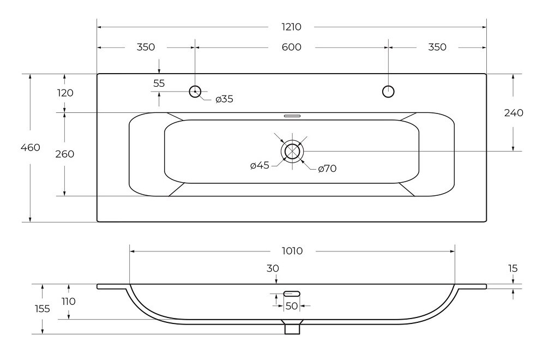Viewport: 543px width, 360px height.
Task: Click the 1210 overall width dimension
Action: (x=291, y=27)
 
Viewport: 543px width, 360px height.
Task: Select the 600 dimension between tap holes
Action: (x=291, y=47)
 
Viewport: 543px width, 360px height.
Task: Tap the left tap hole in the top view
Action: (x=195, y=92)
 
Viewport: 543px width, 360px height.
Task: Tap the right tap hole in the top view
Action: (x=388, y=92)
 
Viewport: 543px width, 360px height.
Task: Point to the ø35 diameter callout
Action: (x=224, y=99)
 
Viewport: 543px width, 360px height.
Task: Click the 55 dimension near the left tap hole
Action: (x=159, y=83)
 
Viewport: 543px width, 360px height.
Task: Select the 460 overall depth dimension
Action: (x=31, y=148)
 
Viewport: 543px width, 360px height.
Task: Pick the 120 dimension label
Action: (x=65, y=93)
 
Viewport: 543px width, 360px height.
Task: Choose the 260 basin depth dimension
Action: (x=65, y=154)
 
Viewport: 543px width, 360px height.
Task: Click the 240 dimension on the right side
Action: (x=514, y=112)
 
